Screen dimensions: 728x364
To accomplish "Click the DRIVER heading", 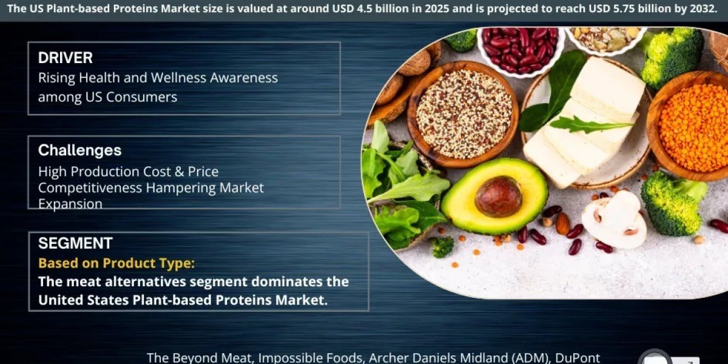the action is click(66, 58).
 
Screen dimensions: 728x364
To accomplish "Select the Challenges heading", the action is click(79, 150).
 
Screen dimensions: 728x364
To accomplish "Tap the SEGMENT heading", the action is click(75, 243).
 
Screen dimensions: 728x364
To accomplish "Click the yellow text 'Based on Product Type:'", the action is click(116, 263).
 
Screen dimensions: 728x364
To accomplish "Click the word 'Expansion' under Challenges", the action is click(70, 204).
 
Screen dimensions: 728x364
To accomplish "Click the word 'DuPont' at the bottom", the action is click(577, 357).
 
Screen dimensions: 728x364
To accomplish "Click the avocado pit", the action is click(498, 197).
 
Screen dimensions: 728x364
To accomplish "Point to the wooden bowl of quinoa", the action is click(463, 114).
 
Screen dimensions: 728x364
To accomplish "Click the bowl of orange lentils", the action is click(690, 127).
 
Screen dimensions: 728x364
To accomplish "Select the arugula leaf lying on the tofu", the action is click(591, 124).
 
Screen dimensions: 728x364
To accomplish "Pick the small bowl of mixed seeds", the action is click(605, 39).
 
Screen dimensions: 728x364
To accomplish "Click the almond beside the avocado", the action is click(562, 223).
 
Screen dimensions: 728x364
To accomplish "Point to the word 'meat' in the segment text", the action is click(84, 281).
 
